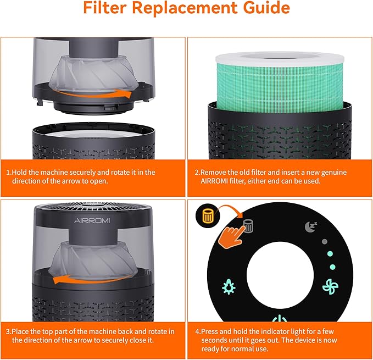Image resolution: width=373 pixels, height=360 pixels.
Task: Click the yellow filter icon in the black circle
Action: [208, 216]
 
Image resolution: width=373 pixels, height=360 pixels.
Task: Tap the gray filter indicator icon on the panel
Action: [248, 225]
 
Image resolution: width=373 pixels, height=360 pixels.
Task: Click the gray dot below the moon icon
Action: [324, 241]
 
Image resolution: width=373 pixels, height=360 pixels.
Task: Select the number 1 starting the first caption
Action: [8, 172]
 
